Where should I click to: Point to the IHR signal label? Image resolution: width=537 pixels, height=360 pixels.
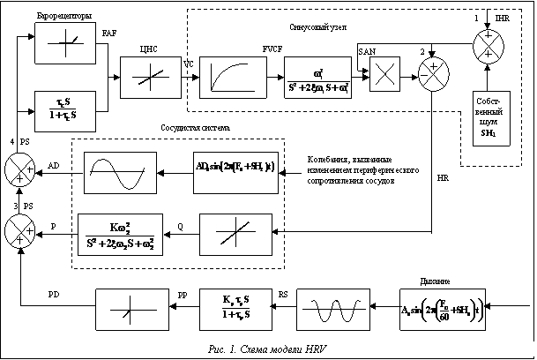[x=504, y=18]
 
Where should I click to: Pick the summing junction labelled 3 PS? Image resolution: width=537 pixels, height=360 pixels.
[x=17, y=231]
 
